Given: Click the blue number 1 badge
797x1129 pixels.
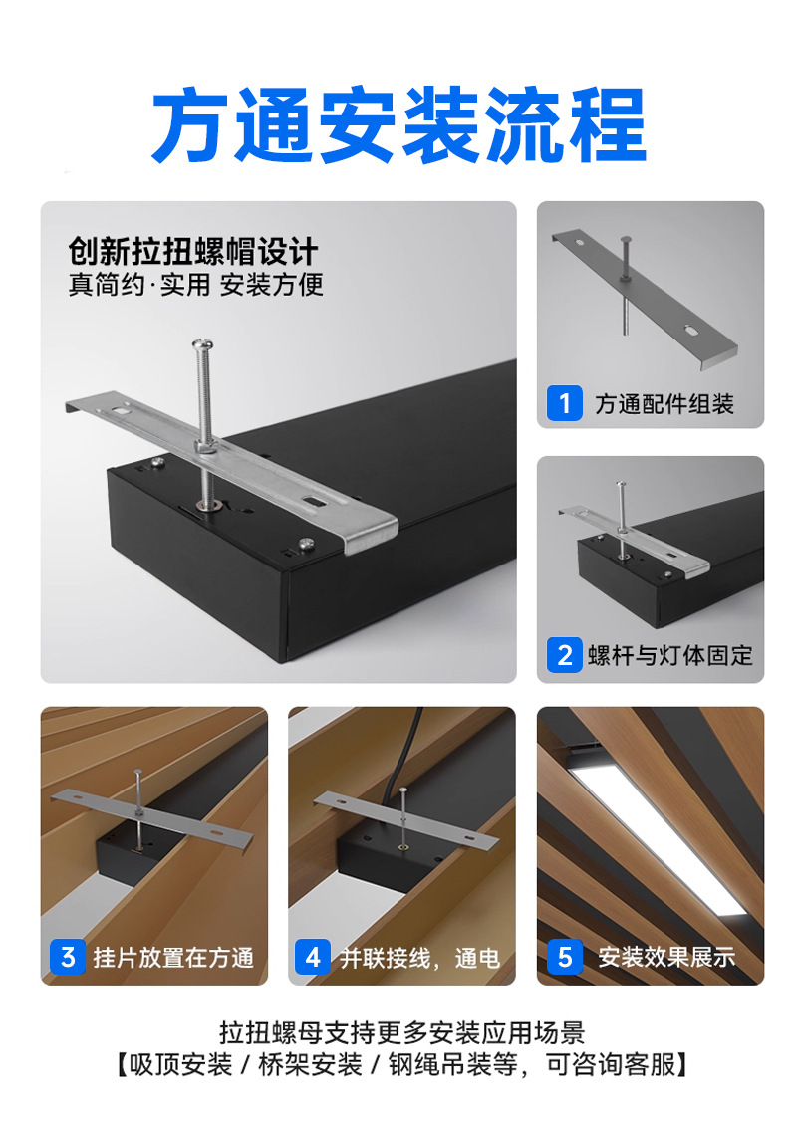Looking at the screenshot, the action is [x=564, y=403].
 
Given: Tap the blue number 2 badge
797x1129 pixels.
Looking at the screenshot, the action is [x=564, y=655].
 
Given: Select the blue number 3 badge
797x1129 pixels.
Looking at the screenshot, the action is [x=68, y=957].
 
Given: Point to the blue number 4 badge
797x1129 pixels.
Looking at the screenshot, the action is [x=313, y=957].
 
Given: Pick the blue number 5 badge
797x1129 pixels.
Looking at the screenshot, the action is [x=564, y=957].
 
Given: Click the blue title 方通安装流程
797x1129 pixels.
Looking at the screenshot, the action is [x=398, y=125].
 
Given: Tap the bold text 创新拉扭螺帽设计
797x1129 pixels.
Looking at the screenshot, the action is [x=193, y=251].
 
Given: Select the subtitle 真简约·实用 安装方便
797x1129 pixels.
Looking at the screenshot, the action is [x=195, y=285].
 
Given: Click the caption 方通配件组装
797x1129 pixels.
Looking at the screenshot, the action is [x=664, y=404].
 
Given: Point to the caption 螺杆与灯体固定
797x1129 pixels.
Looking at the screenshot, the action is [x=670, y=655].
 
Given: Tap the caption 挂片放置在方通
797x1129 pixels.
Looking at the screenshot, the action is [x=173, y=958].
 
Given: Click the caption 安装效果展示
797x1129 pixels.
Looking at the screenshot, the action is [x=666, y=957].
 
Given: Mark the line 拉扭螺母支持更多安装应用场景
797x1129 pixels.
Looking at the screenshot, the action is [x=401, y=1033].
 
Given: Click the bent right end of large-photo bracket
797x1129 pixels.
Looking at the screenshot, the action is [x=371, y=534].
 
